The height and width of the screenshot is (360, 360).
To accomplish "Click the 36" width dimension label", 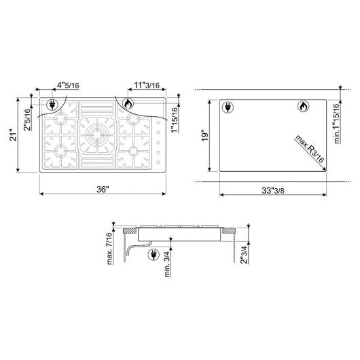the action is pos(103,190).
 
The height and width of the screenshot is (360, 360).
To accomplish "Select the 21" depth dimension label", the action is pos(14,136).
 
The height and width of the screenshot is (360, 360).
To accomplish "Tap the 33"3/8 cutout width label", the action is pos(273,190).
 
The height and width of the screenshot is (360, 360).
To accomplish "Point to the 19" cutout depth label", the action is pos(206,135).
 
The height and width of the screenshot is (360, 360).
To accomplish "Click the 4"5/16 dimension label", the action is pos(68,86).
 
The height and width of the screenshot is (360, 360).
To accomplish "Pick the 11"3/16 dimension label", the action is pos(147,85).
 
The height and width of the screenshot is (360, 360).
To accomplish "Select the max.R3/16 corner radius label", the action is pos(310,149).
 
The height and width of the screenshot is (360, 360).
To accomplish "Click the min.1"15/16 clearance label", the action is pos(337,124).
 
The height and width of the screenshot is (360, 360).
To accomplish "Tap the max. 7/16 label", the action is pos(110,249).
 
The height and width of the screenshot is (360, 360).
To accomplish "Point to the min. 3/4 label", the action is pos(167,264).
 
